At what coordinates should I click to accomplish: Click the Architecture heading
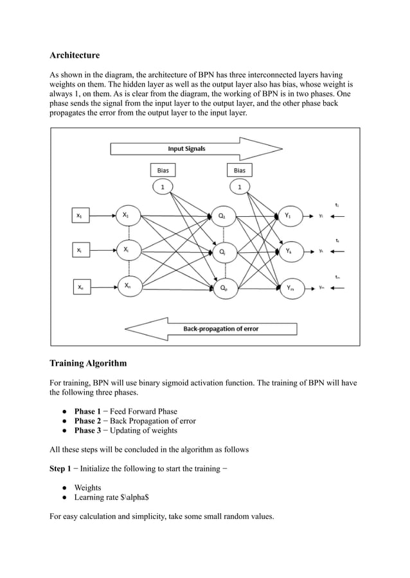coord(75,56)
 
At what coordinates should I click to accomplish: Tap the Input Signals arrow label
coord(186,149)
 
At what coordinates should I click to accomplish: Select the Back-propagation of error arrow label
coord(220,328)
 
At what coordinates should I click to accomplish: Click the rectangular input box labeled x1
coord(79,217)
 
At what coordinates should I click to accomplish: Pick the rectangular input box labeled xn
coord(79,288)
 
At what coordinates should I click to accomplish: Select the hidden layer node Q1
coord(222,216)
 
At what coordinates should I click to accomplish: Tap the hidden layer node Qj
coord(222,252)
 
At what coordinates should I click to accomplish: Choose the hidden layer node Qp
coord(222,288)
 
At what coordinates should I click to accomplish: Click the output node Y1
coord(289,216)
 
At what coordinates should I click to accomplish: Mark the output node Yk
coord(289,251)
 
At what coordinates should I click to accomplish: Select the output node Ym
coord(289,288)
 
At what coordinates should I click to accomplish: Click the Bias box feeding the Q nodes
coord(163,170)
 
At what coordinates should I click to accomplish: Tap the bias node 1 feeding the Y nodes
coord(240,187)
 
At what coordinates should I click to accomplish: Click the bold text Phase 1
coord(87,411)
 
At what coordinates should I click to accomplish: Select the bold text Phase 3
coord(87,430)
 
